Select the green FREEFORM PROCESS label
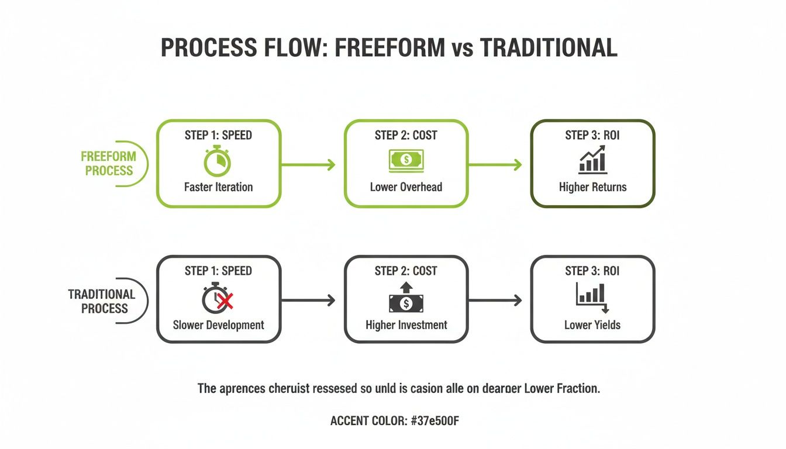click(x=108, y=164)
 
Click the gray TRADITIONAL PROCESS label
click(x=102, y=301)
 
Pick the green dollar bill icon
click(x=406, y=160)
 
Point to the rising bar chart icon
click(x=592, y=160)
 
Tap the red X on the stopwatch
click(x=226, y=301)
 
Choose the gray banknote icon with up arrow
click(x=406, y=299)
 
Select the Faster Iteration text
click(x=218, y=188)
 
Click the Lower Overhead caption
click(x=406, y=188)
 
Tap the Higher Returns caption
click(x=592, y=188)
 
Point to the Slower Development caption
click(x=218, y=325)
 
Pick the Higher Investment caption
click(x=406, y=325)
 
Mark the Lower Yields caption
click(x=592, y=325)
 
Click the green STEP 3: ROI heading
click(x=592, y=136)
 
